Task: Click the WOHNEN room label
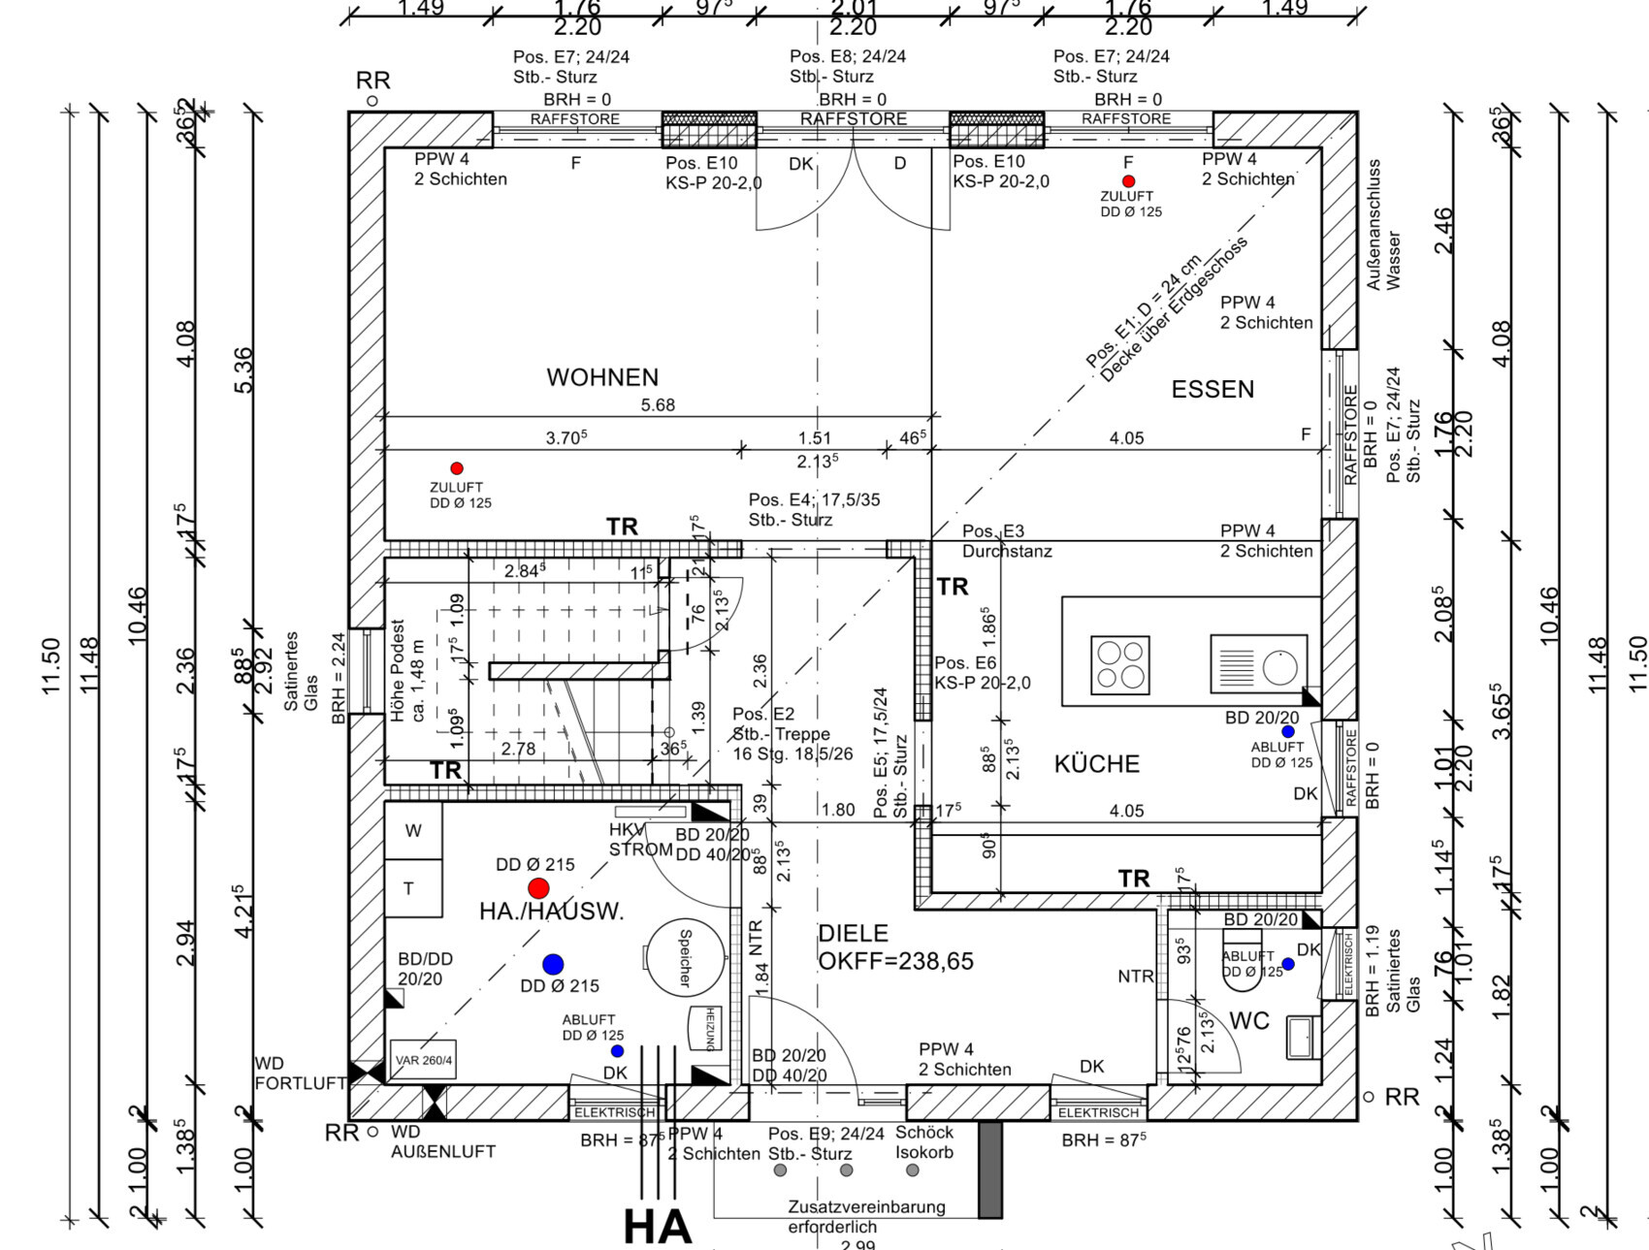tap(602, 377)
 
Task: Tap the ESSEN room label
tap(1212, 389)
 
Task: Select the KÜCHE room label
tap(1097, 764)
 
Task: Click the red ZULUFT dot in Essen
tap(1128, 181)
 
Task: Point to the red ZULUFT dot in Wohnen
tap(457, 468)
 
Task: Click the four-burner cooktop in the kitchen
tap(1120, 664)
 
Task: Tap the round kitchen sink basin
tap(1279, 667)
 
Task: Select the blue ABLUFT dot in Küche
tap(1288, 732)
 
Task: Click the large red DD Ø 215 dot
tap(538, 888)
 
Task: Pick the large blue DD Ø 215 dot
tap(553, 964)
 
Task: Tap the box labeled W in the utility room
tap(413, 830)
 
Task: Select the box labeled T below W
tap(409, 888)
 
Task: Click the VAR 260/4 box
tap(423, 1060)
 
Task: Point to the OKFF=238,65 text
tap(895, 961)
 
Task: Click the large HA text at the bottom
tap(658, 1226)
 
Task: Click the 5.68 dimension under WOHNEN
tap(658, 405)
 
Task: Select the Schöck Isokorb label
tap(923, 1142)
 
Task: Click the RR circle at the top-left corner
tap(372, 101)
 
